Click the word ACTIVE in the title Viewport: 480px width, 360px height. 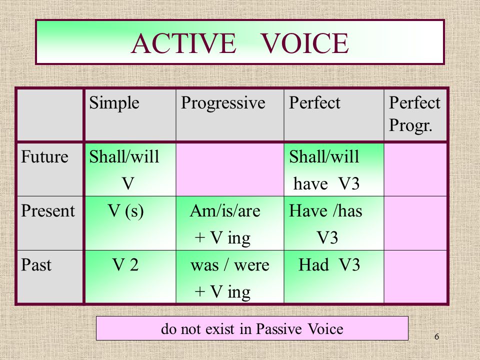pyautogui.click(x=183, y=43)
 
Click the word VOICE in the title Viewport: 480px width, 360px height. pyautogui.click(x=305, y=43)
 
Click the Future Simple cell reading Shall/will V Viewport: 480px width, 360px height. pyautogui.click(x=130, y=169)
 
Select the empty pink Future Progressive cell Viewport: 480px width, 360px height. pyautogui.click(x=230, y=169)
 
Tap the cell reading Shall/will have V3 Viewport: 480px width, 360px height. pyautogui.click(x=334, y=169)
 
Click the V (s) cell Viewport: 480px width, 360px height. pyautogui.click(x=130, y=223)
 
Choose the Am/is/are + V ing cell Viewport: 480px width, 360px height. pyautogui.click(x=230, y=223)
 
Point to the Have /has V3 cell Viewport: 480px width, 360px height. pyautogui.click(x=334, y=223)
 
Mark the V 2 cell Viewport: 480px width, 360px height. pyautogui.click(x=130, y=276)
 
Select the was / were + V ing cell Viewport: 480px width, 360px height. pyautogui.click(x=230, y=276)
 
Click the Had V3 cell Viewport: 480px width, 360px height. pyautogui.click(x=334, y=276)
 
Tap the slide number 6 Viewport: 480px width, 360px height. pyautogui.click(x=437, y=336)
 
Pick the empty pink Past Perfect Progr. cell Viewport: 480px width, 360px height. pyautogui.click(x=415, y=276)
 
